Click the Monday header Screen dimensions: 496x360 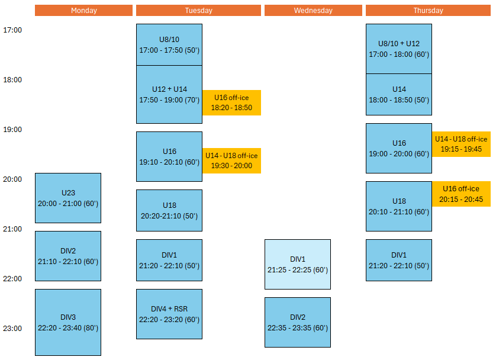pyautogui.click(x=83, y=11)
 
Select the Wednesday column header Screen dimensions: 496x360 pyautogui.click(x=313, y=11)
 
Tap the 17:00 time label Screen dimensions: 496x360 pyautogui.click(x=12, y=30)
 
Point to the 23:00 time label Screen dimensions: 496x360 pyautogui.click(x=12, y=329)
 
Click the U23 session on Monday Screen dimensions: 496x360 pyautogui.click(x=68, y=198)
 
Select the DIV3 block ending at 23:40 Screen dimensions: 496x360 pyautogui.click(x=68, y=322)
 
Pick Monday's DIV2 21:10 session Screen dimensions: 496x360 pyautogui.click(x=68, y=256)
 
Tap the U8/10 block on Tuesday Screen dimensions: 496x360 pyautogui.click(x=169, y=44)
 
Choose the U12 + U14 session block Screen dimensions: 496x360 pyautogui.click(x=169, y=94)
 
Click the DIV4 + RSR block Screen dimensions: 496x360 pyautogui.click(x=169, y=314)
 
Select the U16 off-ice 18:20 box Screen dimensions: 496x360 pyautogui.click(x=231, y=103)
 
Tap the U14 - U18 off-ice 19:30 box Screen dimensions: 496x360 pyautogui.click(x=231, y=160)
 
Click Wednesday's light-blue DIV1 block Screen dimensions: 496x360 pyautogui.click(x=298, y=264)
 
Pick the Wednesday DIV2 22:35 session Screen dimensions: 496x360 pyautogui.click(x=298, y=322)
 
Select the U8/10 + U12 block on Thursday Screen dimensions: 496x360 pyautogui.click(x=399, y=49)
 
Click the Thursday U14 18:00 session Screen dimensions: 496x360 pyautogui.click(x=399, y=94)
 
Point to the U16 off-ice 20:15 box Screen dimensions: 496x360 pyautogui.click(x=461, y=194)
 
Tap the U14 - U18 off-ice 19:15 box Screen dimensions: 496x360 pyautogui.click(x=461, y=144)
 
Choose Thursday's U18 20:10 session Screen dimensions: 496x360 pyautogui.click(x=399, y=206)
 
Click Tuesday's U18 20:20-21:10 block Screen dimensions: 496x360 pyautogui.click(x=169, y=210)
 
